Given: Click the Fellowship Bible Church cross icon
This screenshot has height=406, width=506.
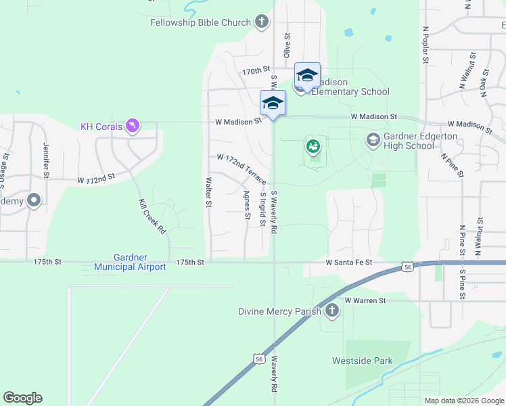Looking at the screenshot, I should point(262,22).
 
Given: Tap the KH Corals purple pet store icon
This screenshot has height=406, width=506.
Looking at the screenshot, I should point(134,126).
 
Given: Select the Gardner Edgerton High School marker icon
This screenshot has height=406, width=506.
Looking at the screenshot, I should point(373,140).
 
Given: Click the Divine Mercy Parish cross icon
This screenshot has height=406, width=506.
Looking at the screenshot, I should point(331,311).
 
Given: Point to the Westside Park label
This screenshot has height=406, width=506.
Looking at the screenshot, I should point(362,361).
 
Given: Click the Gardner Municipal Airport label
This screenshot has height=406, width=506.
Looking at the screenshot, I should point(140,262).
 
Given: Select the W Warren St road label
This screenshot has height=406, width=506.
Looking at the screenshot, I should point(365,300).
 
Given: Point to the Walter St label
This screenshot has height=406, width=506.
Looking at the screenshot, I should point(209,193).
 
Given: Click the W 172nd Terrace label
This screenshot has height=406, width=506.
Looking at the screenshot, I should point(241,168).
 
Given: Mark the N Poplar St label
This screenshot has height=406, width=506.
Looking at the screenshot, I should point(425,45).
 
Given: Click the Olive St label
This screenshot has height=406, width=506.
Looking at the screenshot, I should point(287,45).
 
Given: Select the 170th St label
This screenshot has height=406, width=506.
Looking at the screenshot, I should point(256,70).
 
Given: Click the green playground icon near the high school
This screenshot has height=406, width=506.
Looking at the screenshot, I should point(313,145).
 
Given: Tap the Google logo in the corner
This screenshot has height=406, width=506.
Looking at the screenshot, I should point(22,398).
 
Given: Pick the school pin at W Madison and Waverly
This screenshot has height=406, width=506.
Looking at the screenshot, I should point(273,104).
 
